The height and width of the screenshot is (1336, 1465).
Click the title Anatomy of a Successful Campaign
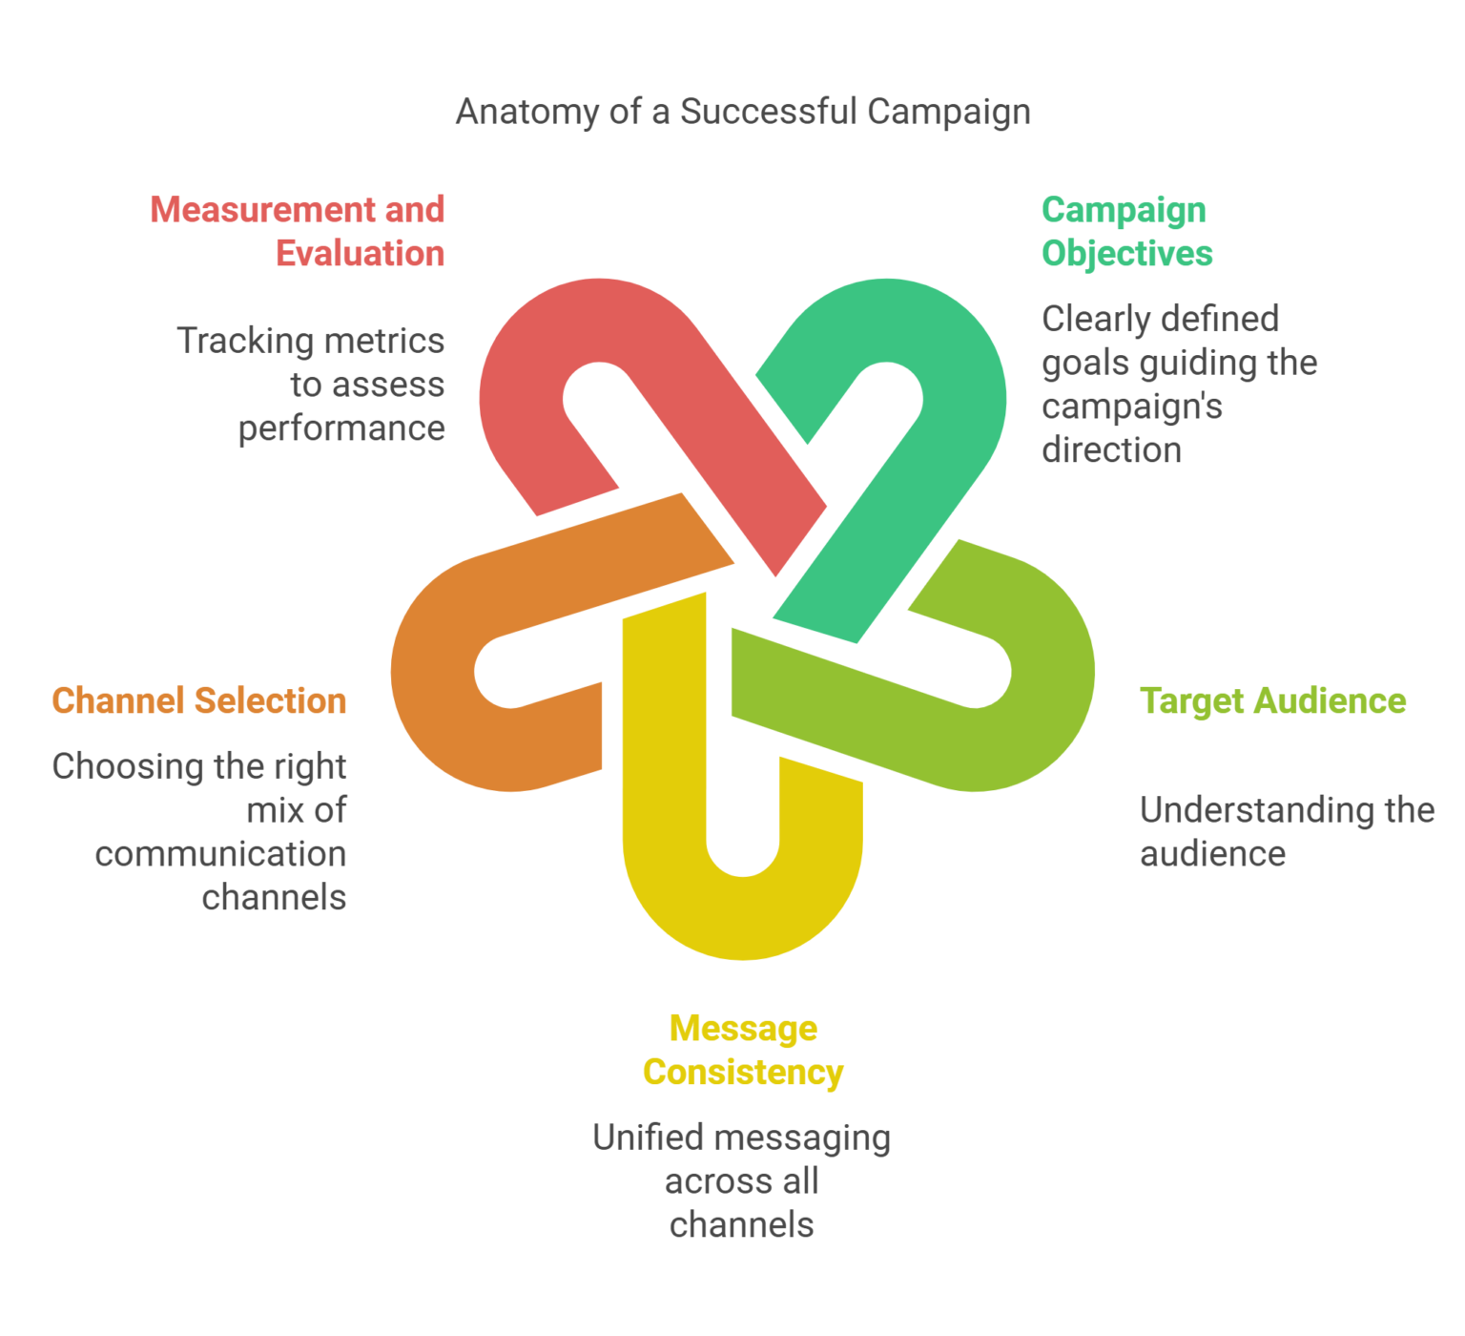click(x=743, y=112)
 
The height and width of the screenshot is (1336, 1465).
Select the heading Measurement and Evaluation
click(x=298, y=231)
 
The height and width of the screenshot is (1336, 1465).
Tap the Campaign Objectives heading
click(x=1126, y=231)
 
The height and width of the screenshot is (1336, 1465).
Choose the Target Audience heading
click(x=1272, y=700)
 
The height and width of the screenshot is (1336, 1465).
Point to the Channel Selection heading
click(x=199, y=700)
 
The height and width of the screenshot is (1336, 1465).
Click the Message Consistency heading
click(x=743, y=1050)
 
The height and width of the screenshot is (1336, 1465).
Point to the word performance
click(x=341, y=428)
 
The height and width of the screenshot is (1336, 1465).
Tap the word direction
click(x=1111, y=449)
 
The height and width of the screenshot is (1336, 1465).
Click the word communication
click(x=220, y=854)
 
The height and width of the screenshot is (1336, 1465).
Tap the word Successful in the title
click(x=769, y=112)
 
